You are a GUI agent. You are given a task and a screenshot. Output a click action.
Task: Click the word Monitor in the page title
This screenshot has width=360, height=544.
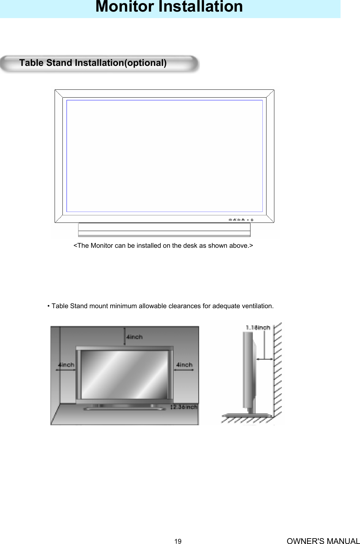pos(124,7)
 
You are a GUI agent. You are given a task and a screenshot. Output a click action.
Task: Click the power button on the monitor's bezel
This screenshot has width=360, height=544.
pos(252,219)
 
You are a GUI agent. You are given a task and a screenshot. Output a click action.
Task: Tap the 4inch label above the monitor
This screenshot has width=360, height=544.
pos(134,337)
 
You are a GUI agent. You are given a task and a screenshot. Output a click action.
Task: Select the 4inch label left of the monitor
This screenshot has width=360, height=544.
pos(66,365)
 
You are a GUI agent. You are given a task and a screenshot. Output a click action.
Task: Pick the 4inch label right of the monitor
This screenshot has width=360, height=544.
pos(184,365)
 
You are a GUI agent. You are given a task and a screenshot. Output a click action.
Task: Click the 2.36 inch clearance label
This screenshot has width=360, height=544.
pos(185,407)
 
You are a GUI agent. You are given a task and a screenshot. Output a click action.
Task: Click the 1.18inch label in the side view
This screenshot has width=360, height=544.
pos(258,328)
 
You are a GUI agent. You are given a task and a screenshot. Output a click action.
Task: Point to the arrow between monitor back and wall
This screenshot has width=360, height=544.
pos(264,359)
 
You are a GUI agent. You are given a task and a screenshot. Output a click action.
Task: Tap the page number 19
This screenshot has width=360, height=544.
pos(178,541)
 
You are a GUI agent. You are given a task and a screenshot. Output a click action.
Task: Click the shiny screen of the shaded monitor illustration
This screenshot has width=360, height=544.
pos(125,374)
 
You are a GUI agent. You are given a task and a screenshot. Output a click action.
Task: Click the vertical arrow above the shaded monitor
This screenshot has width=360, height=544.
pos(125,337)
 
